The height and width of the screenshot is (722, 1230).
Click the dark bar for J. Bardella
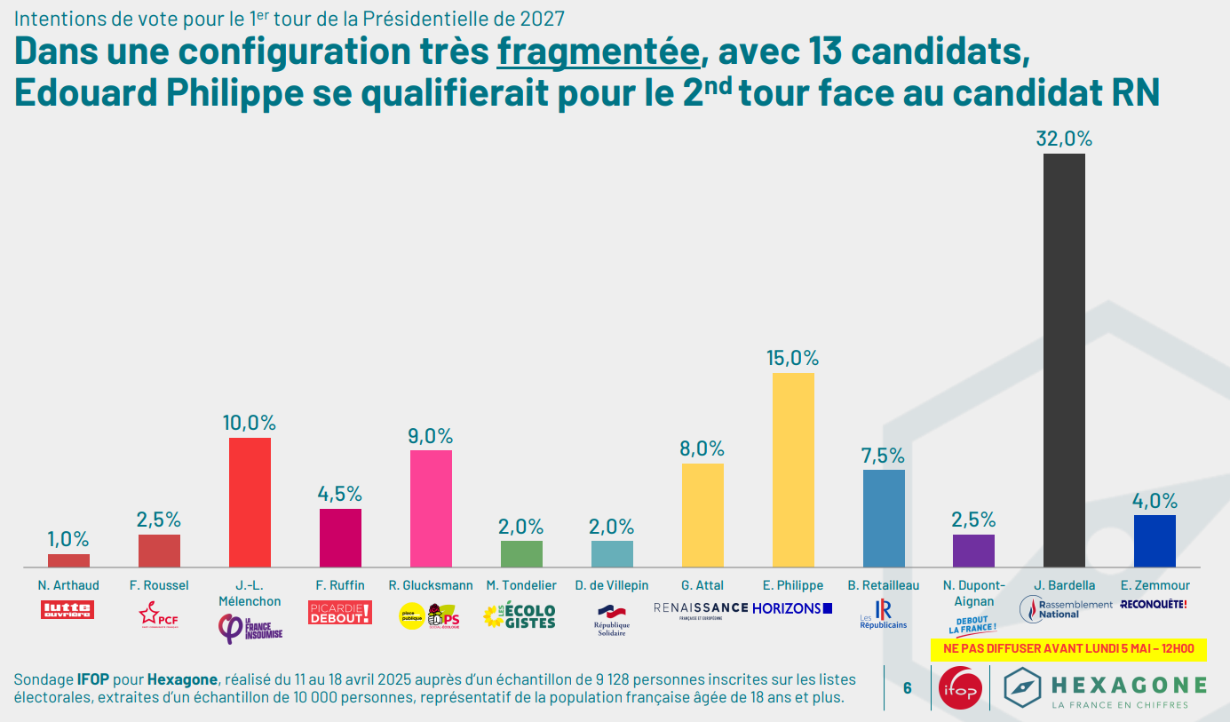(x=1063, y=360)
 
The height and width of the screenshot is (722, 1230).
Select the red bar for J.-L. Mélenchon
(x=250, y=502)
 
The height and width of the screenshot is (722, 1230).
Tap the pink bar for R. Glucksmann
(x=431, y=508)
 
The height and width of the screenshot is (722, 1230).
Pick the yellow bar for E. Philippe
(x=793, y=470)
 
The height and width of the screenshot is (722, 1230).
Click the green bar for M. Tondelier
(x=521, y=553)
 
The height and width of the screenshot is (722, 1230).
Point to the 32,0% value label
(x=1063, y=139)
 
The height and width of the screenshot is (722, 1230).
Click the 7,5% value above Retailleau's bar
(x=883, y=456)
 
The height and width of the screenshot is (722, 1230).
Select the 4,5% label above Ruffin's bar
(x=340, y=494)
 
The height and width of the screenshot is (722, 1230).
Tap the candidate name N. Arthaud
(x=68, y=585)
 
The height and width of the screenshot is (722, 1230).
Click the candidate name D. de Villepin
(x=612, y=585)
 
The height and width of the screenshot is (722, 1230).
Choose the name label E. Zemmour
(x=1155, y=585)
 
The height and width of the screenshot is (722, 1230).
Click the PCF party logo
(x=159, y=614)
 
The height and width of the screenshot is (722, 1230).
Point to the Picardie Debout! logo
(x=340, y=612)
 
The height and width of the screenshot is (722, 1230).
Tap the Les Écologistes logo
(x=520, y=615)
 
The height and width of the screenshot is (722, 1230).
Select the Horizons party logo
(x=792, y=608)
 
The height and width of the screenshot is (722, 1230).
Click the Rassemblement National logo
(x=1064, y=609)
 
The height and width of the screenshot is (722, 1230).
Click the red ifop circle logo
(x=959, y=687)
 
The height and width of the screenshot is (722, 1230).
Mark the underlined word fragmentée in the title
(x=598, y=52)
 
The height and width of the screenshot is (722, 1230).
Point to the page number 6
(x=907, y=687)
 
